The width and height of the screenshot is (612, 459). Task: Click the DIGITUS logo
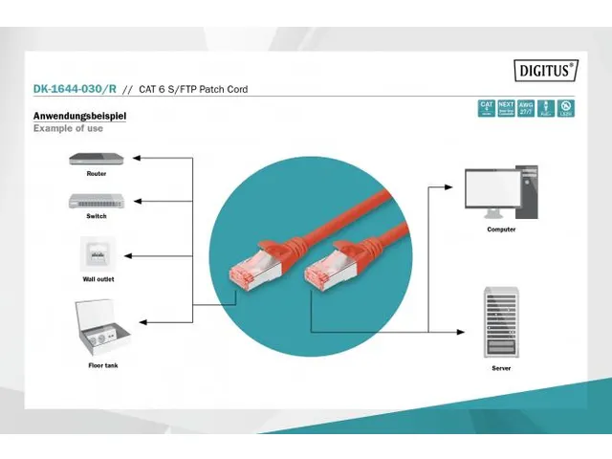point(546,69)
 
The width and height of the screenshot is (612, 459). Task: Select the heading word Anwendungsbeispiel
point(79,117)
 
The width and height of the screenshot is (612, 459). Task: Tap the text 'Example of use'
point(68,128)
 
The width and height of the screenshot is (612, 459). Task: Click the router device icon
point(96,158)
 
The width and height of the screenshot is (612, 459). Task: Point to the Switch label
point(96,216)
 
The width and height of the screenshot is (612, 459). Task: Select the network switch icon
point(96,201)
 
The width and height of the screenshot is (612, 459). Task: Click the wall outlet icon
point(96,253)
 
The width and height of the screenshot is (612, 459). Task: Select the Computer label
point(501,229)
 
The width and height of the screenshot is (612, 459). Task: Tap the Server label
point(501,367)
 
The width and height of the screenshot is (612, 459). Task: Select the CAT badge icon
point(487,108)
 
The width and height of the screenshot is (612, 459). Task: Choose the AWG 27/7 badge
point(526,108)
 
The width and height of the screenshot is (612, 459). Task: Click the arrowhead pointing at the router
point(135,157)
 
